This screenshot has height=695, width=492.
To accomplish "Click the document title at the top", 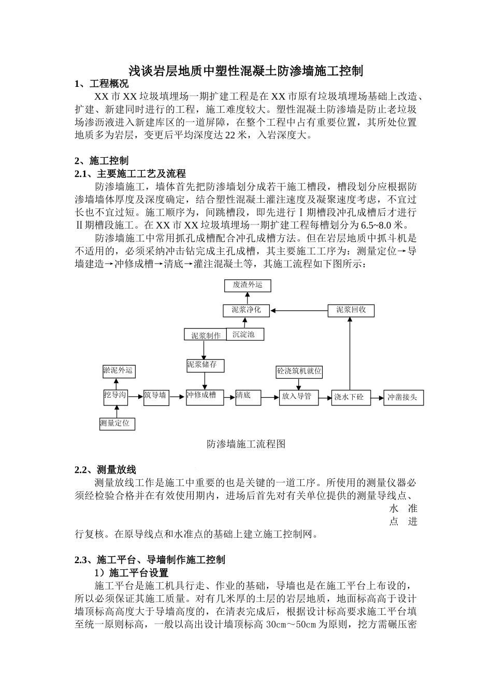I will tap(245, 71).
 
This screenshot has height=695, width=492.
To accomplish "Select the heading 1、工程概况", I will tap(102, 84).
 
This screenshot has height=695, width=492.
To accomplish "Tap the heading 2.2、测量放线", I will tap(105, 470).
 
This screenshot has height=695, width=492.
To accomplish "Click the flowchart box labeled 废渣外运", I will tap(248, 285).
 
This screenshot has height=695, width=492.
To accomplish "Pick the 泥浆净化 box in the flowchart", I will tap(246, 310).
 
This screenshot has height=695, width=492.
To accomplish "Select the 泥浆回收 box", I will tap(351, 310).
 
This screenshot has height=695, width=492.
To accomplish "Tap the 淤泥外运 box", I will tap(118, 371).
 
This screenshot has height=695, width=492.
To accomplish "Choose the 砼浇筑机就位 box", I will tap(299, 371).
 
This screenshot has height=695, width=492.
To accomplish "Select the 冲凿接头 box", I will tap(403, 398).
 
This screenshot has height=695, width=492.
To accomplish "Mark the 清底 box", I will tap(248, 397).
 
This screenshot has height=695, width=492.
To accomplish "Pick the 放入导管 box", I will tap(298, 397).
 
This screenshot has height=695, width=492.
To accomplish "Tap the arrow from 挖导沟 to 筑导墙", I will tap(135, 397).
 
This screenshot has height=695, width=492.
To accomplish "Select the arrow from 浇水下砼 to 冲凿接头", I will tap(377, 398).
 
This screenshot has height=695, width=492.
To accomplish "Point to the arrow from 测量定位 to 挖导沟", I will tap(116, 411).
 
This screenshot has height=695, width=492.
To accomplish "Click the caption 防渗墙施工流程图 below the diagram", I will tap(246, 444).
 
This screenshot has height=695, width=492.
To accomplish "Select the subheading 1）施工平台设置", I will tap(131, 573).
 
